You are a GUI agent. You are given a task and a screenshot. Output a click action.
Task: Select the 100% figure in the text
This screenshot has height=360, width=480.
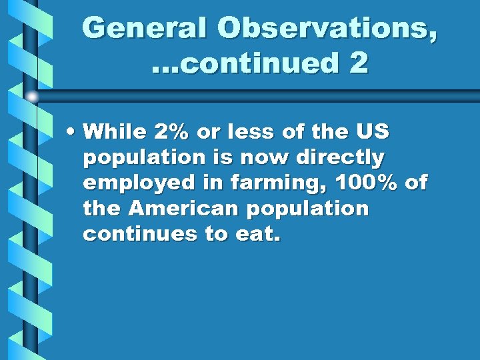coord(363,183)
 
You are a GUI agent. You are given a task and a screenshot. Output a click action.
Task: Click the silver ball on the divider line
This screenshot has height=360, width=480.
coord(32,97)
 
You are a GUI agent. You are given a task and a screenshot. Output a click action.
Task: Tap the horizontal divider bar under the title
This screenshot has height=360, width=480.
coord(267,95)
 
